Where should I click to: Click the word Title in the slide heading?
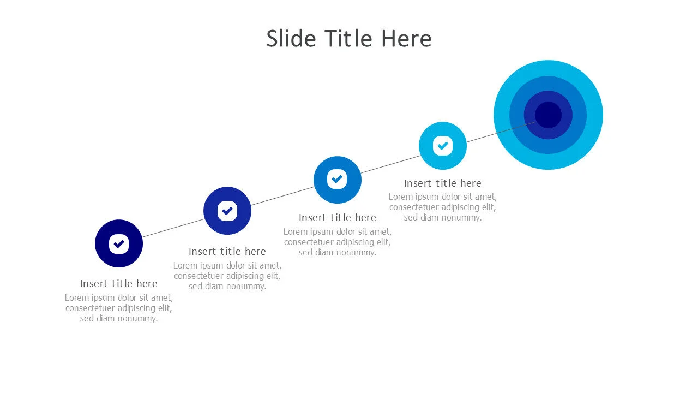click(x=349, y=39)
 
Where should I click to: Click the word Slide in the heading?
click(x=291, y=39)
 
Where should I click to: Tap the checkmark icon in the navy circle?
click(x=119, y=244)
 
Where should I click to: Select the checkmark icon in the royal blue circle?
click(x=227, y=211)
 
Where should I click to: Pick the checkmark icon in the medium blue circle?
click(x=337, y=179)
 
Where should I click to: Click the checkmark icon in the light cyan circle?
click(x=442, y=146)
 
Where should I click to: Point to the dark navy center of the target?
click(x=548, y=115)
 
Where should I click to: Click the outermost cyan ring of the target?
click(x=502, y=115)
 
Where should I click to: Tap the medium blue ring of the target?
click(x=516, y=115)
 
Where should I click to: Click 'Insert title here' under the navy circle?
click(x=119, y=283)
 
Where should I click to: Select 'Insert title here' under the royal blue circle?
click(x=227, y=252)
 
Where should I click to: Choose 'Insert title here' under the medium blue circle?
click(x=337, y=217)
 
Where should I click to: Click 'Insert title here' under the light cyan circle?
click(x=442, y=183)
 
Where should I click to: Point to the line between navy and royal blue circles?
click(x=173, y=228)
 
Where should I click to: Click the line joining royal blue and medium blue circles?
click(x=282, y=196)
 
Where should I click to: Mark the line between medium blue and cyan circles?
click(x=391, y=164)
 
